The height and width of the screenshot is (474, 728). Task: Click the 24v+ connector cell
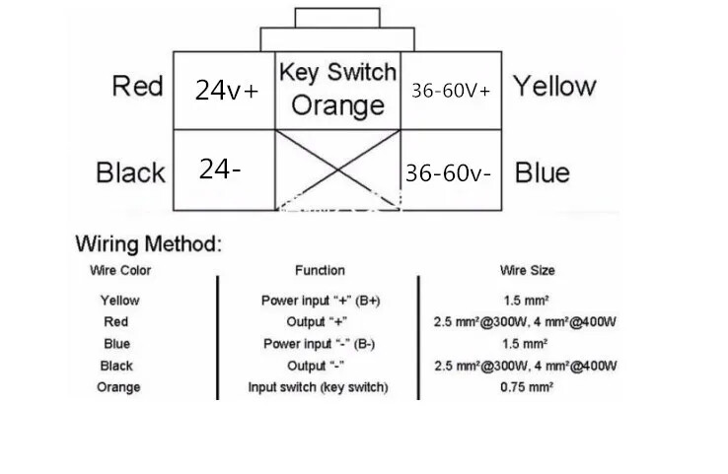[x=226, y=91]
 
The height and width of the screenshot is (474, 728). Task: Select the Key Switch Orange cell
[x=337, y=89]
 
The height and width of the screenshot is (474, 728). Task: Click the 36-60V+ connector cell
[x=451, y=90]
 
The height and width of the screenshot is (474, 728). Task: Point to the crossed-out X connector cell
[x=337, y=169]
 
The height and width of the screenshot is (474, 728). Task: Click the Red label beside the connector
[x=137, y=86]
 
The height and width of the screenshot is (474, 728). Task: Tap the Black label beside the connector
[x=130, y=173]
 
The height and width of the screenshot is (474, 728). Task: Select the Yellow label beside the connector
[x=553, y=86]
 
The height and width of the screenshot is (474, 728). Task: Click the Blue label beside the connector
[x=542, y=173]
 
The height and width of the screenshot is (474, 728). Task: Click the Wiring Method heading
[x=149, y=242]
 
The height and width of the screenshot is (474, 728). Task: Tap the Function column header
[x=320, y=270]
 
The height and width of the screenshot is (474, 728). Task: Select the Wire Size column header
[x=528, y=270]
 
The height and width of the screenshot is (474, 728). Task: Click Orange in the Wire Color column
[x=118, y=387]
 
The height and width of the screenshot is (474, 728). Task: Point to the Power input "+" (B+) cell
[x=320, y=301]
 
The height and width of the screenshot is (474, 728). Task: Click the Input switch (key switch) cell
[x=318, y=387]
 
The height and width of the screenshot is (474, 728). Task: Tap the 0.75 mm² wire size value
[x=525, y=387]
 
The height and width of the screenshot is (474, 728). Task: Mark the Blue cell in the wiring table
[x=117, y=344]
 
